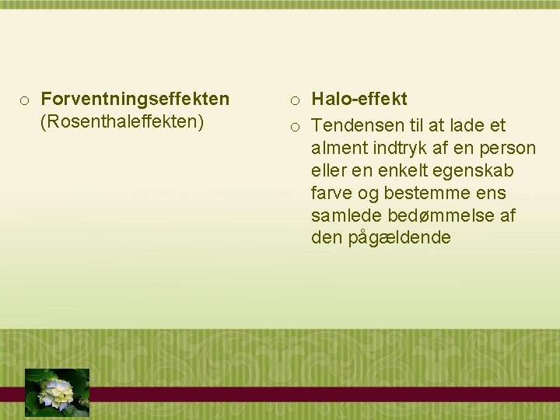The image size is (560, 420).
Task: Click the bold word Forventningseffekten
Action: pos(135,100)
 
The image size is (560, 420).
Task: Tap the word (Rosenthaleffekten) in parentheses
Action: pos(121,122)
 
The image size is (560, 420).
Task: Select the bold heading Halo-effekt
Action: pos(359,100)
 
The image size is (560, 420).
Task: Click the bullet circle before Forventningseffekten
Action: pos(25,100)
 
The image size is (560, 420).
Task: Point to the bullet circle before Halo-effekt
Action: pos(296,100)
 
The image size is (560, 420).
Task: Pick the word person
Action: pos(509,148)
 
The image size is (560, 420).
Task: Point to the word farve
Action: pos(333,193)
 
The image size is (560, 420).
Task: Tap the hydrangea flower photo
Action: pos(58,391)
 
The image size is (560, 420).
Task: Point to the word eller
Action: pos(330,170)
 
